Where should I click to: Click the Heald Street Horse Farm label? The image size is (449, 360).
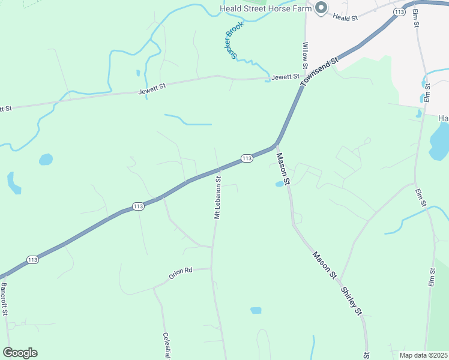[265, 8]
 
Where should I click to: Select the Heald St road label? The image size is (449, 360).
[345, 18]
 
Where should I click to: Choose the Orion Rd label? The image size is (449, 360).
[180, 271]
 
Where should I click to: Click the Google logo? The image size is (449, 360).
[20, 353]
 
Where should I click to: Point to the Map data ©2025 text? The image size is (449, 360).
[423, 355]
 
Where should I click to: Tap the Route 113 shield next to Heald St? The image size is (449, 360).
[399, 11]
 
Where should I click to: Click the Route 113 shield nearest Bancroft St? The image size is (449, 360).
[32, 260]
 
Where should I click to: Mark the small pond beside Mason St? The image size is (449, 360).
[279, 184]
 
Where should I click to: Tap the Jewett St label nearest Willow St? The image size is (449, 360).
[285, 77]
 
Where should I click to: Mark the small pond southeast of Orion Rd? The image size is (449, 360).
[256, 310]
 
